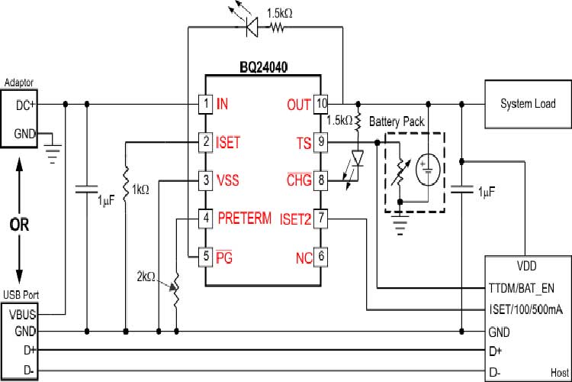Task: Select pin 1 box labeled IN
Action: pos(204,103)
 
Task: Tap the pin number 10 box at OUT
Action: pos(322,103)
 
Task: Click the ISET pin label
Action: pos(228,141)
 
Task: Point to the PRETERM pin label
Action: pos(244,219)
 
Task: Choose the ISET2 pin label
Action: pos(295,219)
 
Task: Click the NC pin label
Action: pos(304,257)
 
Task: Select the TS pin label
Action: pos(304,141)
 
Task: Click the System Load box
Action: pos(528,103)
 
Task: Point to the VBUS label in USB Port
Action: pos(22,313)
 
